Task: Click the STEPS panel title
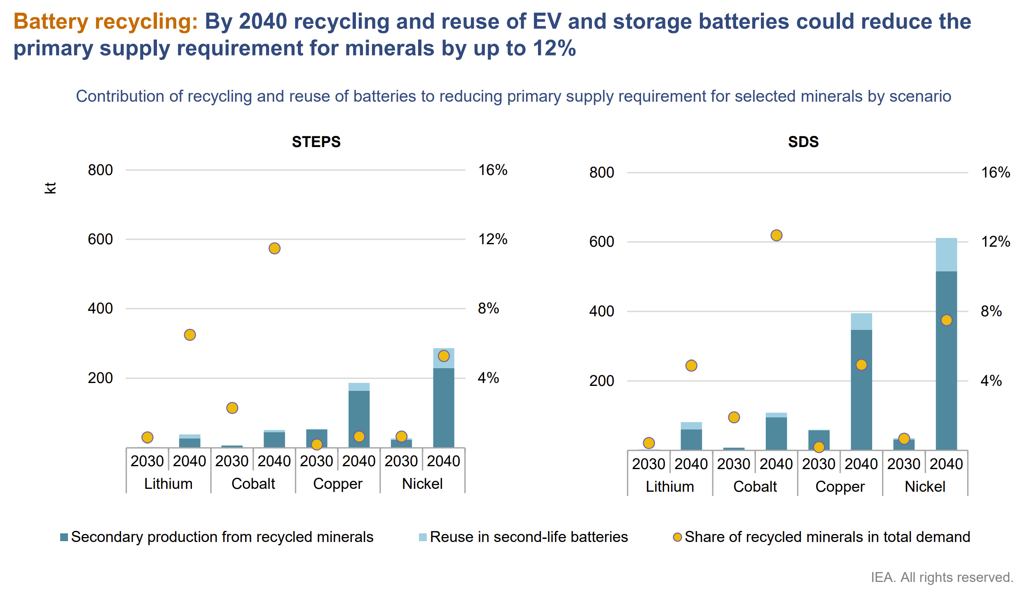pyautogui.click(x=316, y=142)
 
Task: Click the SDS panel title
pyautogui.click(x=803, y=142)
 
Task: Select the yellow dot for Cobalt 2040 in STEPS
pyautogui.click(x=274, y=248)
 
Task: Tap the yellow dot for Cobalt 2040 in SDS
pyautogui.click(x=776, y=235)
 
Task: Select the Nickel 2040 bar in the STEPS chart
pyautogui.click(x=443, y=408)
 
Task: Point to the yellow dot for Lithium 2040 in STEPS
pyautogui.click(x=189, y=335)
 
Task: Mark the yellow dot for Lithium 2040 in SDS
pyautogui.click(x=691, y=365)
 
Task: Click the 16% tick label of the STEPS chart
pyautogui.click(x=492, y=170)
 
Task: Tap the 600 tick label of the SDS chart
pyautogui.click(x=601, y=242)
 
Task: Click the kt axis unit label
pyautogui.click(x=50, y=188)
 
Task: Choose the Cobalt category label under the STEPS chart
pyautogui.click(x=253, y=484)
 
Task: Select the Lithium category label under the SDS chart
pyautogui.click(x=669, y=486)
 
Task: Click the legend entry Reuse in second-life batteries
pyautogui.click(x=528, y=537)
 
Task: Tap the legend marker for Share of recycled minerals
pyautogui.click(x=677, y=537)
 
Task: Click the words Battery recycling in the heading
pyautogui.click(x=105, y=21)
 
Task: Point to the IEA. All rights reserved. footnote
pyautogui.click(x=942, y=577)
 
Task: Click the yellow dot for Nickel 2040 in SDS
pyautogui.click(x=946, y=320)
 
